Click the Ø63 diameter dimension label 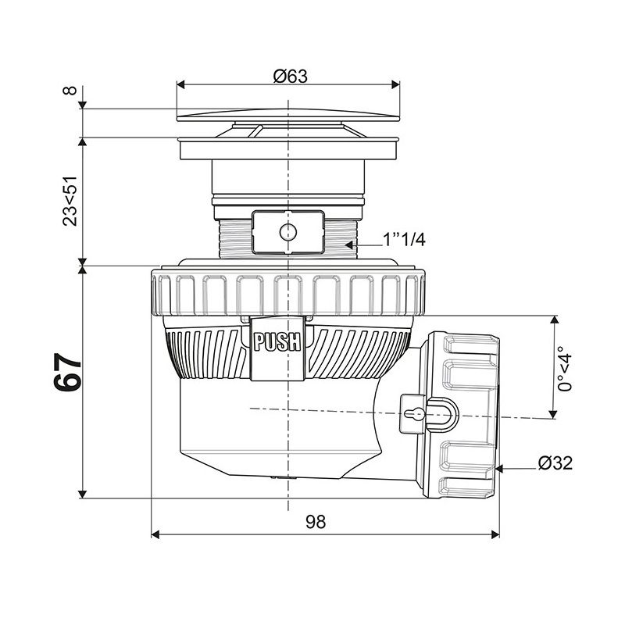click(290, 76)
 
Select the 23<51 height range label click(70, 202)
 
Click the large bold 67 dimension click(67, 373)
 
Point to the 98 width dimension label click(316, 521)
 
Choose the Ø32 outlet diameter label click(555, 462)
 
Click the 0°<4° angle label click(565, 369)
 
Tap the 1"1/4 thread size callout click(404, 240)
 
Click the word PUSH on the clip click(277, 342)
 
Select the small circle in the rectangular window click(287, 232)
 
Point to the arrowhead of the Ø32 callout click(499, 469)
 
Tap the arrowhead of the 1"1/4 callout click(348, 245)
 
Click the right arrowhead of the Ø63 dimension click(396, 84)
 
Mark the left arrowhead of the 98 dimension click(155, 534)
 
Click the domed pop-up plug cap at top click(287, 114)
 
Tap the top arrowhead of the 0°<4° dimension click(554, 320)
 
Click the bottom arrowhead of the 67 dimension click(83, 495)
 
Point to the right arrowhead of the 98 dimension click(495, 534)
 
